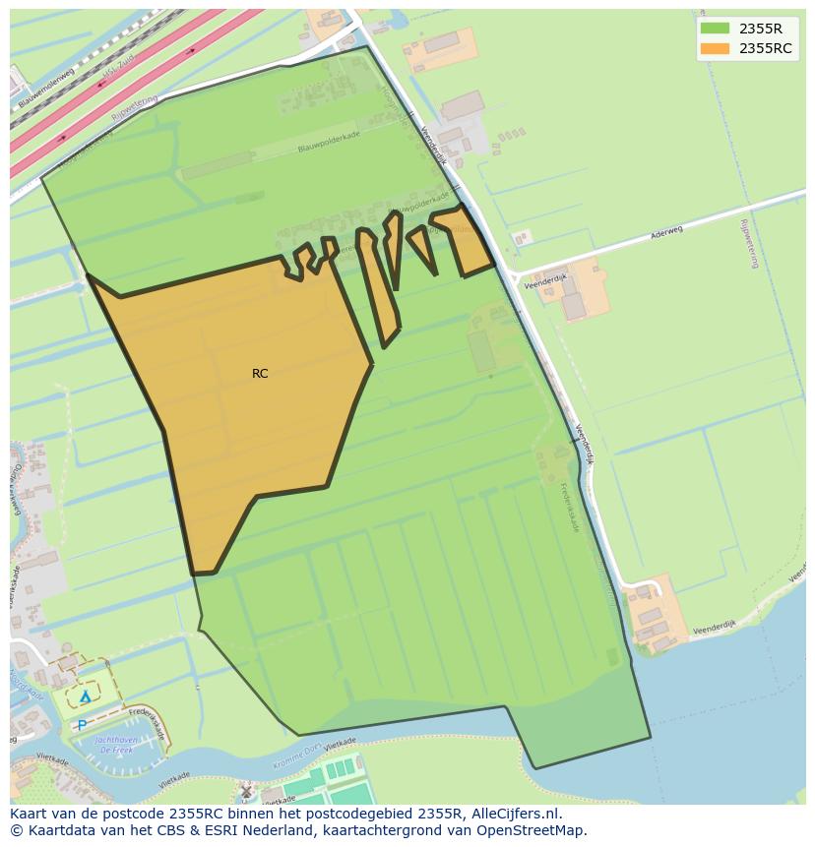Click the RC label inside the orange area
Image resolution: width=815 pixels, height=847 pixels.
pos(260,374)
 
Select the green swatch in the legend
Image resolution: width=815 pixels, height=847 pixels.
pos(716,29)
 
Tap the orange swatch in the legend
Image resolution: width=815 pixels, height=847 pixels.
pos(716,48)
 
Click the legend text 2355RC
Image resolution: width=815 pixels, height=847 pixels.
pos(765,48)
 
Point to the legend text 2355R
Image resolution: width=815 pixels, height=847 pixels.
pos(761,29)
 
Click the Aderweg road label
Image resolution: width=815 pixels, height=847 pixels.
pos(665,234)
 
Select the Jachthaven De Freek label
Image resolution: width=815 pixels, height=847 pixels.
pos(116,744)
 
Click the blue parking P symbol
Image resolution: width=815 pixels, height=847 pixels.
pos(81,725)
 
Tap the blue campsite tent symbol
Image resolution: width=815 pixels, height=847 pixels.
pos(86,696)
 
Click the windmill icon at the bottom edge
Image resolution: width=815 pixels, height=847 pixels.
pos(246,791)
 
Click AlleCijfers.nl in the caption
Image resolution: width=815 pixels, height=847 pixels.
pos(514,814)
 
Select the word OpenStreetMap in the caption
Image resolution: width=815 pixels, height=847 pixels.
pos(532,830)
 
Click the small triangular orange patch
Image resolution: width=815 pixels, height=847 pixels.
pos(422,246)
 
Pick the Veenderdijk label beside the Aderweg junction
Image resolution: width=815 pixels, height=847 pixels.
pos(546,280)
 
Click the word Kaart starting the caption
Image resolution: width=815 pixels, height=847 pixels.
pos(30,814)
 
